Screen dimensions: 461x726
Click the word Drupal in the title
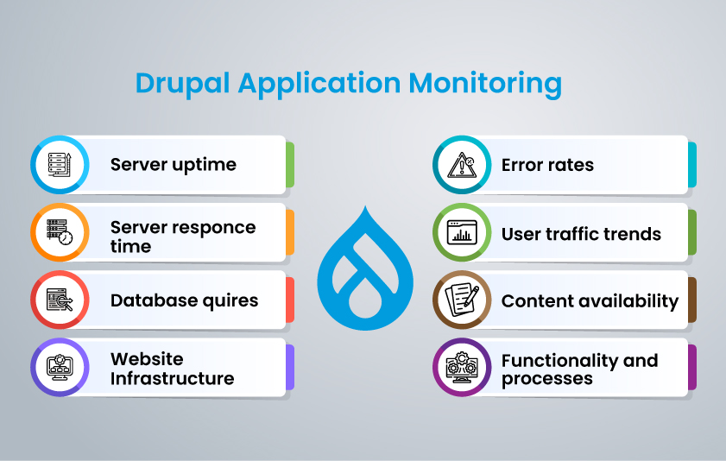pos(182,84)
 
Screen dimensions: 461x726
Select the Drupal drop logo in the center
pos(363,267)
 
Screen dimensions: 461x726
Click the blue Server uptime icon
pos(60,164)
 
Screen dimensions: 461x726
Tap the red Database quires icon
pos(60,300)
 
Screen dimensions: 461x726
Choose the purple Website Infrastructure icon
pos(60,367)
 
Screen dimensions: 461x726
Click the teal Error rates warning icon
pos(461,164)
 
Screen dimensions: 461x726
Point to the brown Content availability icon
pos(461,300)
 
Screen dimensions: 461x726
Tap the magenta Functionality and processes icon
pos(461,367)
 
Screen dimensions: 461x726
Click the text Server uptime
pos(173,165)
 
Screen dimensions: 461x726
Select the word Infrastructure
pos(172,379)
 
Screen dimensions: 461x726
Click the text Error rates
pos(547,165)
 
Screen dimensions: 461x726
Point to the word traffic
pos(574,234)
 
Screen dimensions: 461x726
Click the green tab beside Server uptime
pos(290,164)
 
